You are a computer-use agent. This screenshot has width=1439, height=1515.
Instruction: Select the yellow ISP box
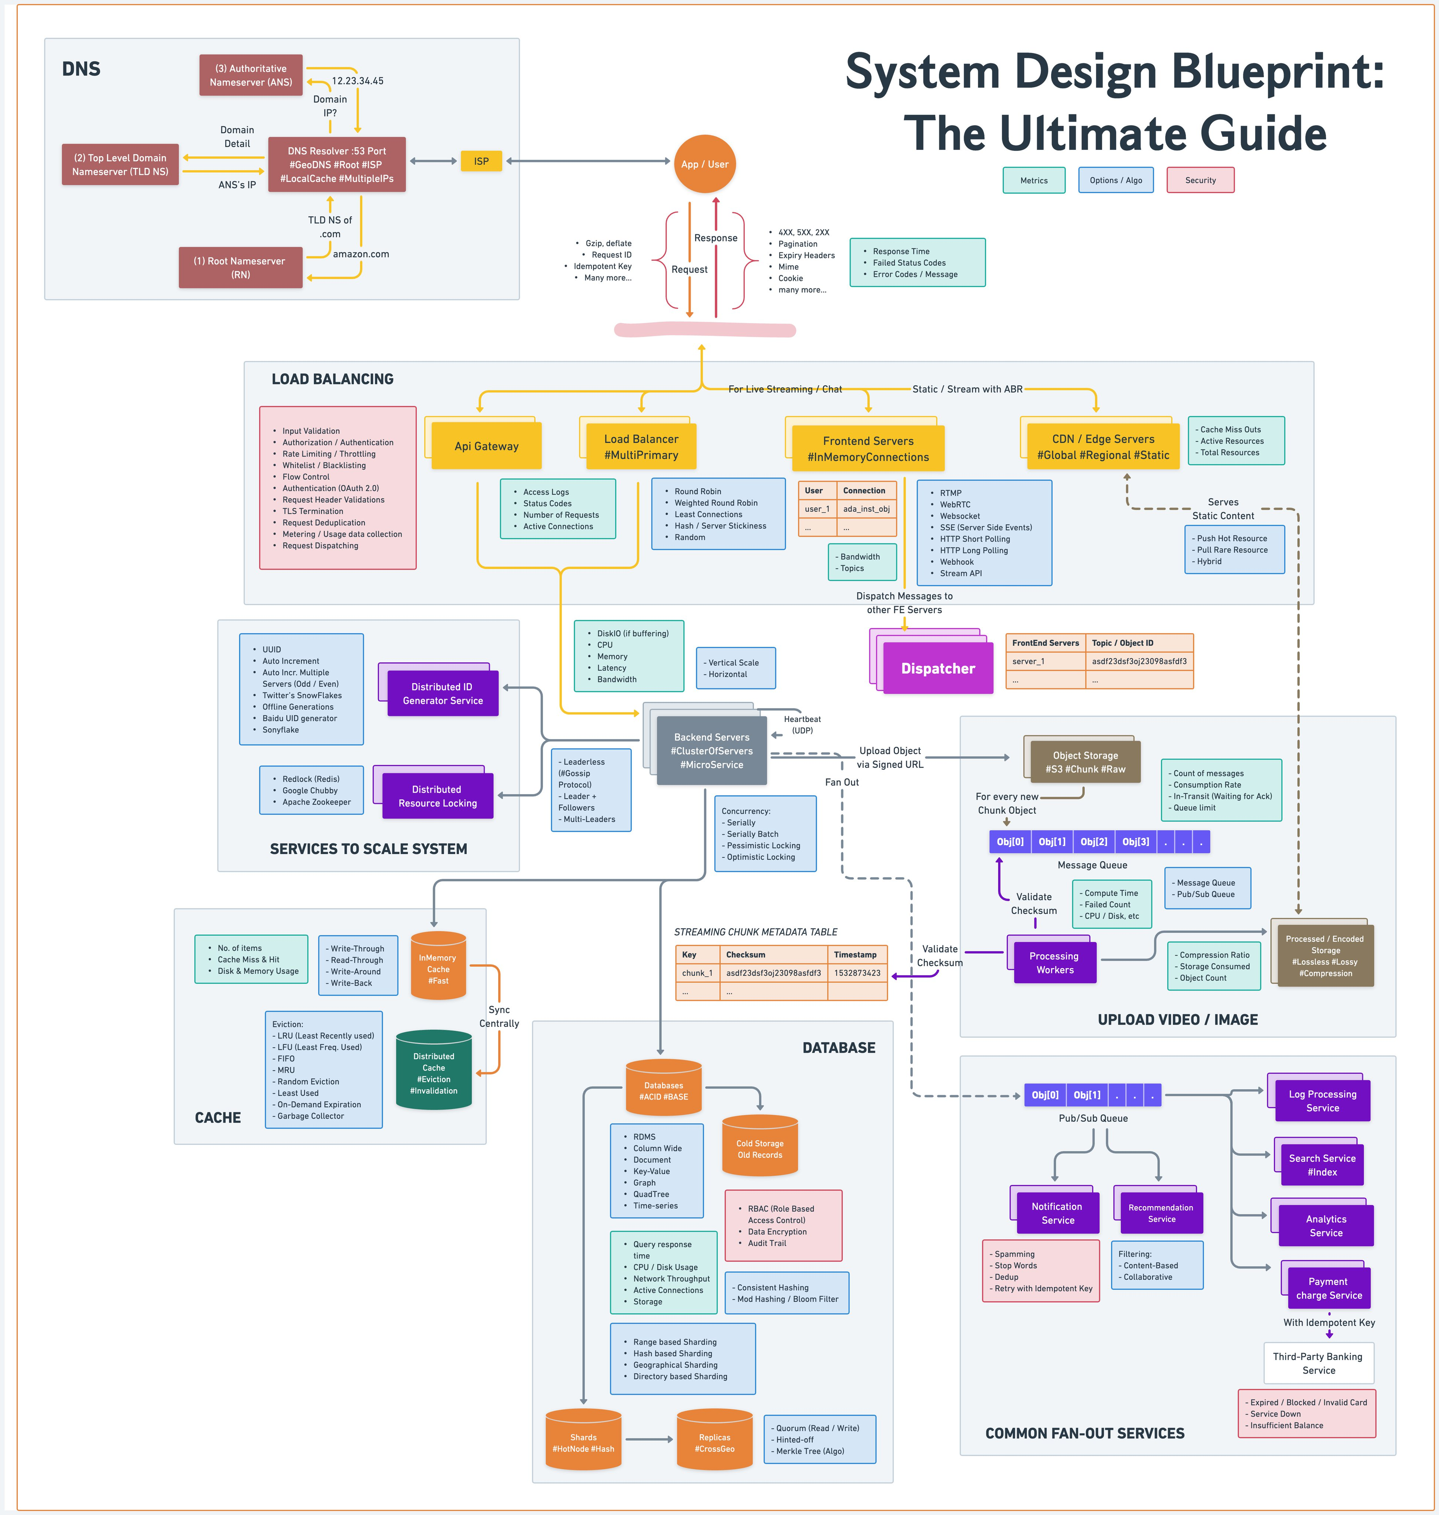coord(481,161)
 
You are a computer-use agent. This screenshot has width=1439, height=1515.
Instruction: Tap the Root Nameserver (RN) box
coord(240,267)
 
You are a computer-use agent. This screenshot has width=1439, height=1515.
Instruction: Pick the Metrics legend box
coord(1033,180)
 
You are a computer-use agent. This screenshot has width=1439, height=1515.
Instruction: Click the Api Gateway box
coord(486,446)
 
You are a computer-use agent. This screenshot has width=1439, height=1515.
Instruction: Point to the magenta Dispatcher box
coord(937,669)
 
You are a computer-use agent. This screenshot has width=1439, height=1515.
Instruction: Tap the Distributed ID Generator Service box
coord(443,694)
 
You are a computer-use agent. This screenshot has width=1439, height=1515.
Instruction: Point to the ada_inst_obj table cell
coord(866,509)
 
